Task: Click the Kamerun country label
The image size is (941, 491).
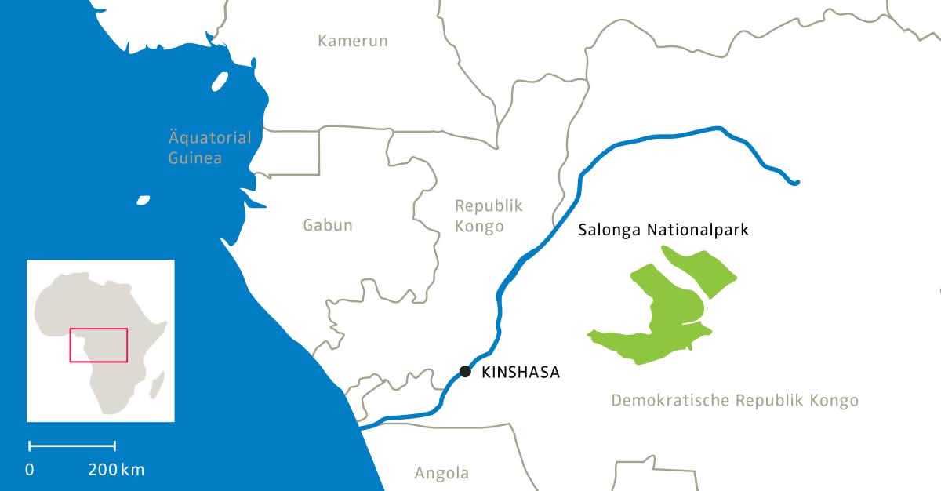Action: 352,41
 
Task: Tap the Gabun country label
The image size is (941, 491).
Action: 328,225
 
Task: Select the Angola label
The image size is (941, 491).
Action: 441,473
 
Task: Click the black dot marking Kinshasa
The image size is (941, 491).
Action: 465,371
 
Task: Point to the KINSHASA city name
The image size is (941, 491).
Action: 521,373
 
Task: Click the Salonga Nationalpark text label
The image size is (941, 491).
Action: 664,231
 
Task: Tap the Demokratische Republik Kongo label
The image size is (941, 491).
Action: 735,401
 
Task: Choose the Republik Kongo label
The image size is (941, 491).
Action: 488,216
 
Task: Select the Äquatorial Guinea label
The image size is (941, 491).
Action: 210,147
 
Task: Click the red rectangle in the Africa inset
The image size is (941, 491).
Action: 99,345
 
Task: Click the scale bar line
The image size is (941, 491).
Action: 72,446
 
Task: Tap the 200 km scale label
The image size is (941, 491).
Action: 116,470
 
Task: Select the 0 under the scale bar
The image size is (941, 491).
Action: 30,470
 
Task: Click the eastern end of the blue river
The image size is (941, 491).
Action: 795,183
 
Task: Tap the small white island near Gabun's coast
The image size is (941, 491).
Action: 143,200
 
